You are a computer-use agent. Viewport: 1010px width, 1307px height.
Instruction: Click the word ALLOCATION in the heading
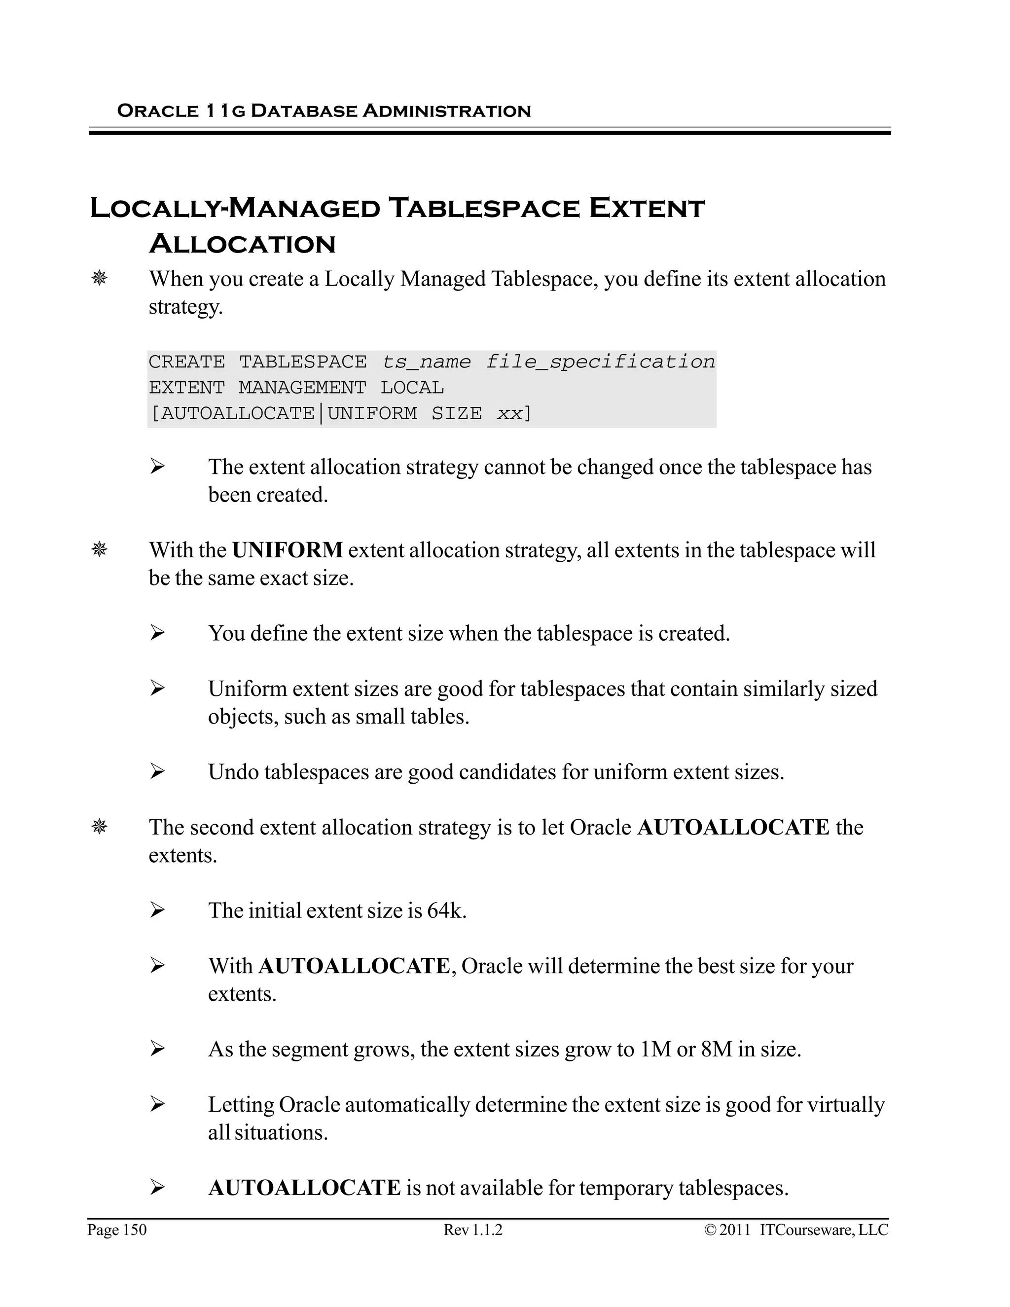242,244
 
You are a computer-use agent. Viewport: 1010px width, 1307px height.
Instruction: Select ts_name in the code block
426,362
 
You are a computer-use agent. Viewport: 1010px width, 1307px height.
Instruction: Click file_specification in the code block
600,362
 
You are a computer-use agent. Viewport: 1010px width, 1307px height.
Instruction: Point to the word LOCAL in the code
412,388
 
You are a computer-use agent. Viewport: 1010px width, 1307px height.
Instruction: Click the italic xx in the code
509,413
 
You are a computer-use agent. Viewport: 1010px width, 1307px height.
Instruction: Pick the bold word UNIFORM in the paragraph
287,549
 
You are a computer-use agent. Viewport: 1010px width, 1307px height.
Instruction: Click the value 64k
445,910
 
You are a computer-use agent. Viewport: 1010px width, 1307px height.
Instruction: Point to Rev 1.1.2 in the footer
472,1229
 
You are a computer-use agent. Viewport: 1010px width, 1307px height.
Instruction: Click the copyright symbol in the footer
710,1230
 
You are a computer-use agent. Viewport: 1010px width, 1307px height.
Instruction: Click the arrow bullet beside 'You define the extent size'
157,633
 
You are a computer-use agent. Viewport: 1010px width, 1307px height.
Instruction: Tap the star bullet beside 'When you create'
99,278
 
